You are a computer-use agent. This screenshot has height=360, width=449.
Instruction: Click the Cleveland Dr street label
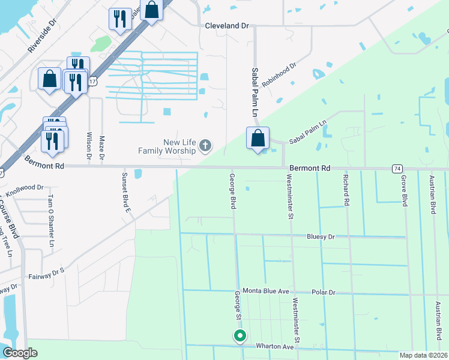point(226,26)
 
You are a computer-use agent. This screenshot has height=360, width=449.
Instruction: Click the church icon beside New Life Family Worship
point(205,145)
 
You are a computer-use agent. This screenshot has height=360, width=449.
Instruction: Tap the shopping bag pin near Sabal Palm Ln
point(258,138)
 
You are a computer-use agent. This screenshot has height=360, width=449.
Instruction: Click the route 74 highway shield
point(397,169)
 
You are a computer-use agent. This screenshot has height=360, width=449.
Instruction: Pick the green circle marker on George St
point(240,336)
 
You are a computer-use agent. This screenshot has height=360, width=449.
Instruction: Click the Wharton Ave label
point(274,347)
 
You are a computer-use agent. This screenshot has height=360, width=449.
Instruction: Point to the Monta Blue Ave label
point(265,291)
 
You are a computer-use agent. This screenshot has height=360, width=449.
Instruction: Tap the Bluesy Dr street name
point(321,237)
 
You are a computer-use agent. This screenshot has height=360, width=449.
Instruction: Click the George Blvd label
point(232,191)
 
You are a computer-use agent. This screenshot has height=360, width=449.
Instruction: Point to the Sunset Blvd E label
point(126,193)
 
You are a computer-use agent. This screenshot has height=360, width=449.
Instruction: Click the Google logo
point(20,353)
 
